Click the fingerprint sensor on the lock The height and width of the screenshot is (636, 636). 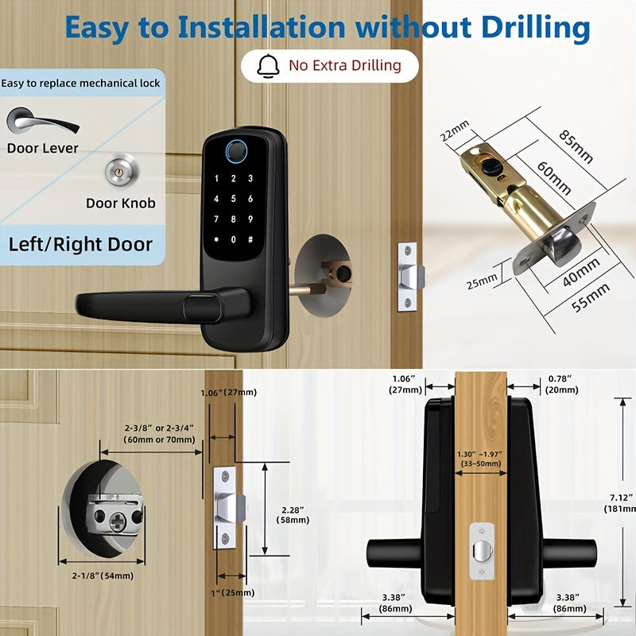pyautogui.click(x=236, y=151)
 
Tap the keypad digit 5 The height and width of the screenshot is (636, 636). pyautogui.click(x=233, y=199)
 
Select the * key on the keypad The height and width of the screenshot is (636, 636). pyautogui.click(x=216, y=239)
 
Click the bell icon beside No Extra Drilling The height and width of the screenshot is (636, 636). pyautogui.click(x=268, y=65)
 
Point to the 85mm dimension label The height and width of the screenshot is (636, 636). pyautogui.click(x=576, y=146)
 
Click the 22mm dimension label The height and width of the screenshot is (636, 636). pyautogui.click(x=455, y=130)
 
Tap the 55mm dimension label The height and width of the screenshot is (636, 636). pyautogui.click(x=590, y=297)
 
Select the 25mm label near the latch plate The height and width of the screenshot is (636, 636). pyautogui.click(x=482, y=281)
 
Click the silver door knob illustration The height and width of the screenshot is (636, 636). pyautogui.click(x=122, y=171)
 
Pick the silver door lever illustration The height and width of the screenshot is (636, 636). pyautogui.click(x=42, y=120)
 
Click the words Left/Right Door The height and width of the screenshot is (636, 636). pyautogui.click(x=80, y=244)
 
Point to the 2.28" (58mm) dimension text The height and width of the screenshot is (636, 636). pyautogui.click(x=293, y=514)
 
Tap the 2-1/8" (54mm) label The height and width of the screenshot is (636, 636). pyautogui.click(x=103, y=576)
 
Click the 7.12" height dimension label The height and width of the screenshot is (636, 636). pyautogui.click(x=620, y=503)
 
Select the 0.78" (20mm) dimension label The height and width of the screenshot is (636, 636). pyautogui.click(x=561, y=384)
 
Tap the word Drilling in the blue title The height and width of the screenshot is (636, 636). pyautogui.click(x=535, y=29)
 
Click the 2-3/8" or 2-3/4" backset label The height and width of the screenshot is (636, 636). pyautogui.click(x=159, y=433)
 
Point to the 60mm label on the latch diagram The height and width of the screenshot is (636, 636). pyautogui.click(x=554, y=178)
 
